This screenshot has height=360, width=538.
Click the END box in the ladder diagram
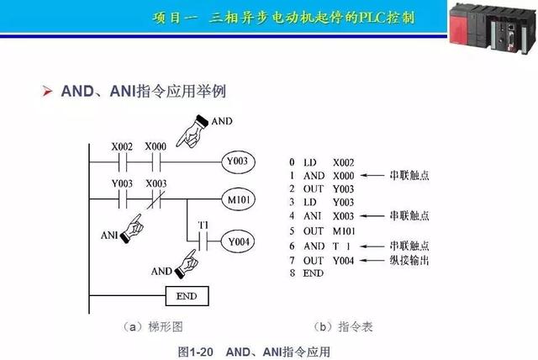[187, 296]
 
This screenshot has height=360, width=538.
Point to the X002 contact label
[123, 146]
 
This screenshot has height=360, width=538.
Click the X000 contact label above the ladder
[156, 146]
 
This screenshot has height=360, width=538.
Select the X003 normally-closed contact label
[156, 183]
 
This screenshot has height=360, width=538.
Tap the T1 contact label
[203, 225]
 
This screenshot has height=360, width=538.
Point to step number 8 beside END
[291, 273]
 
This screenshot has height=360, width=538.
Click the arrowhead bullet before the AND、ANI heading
[48, 90]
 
